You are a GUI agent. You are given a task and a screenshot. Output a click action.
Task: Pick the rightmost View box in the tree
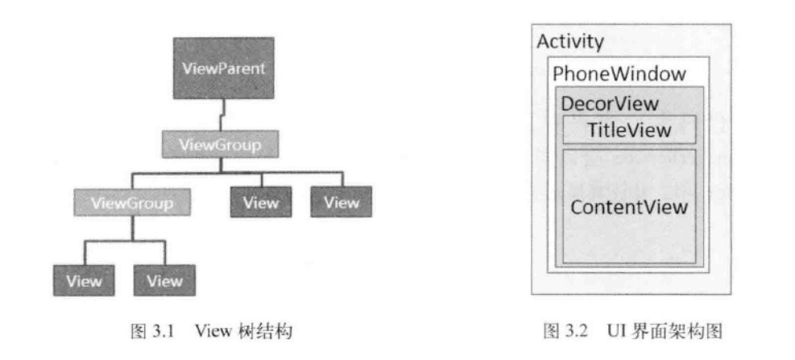pyautogui.click(x=341, y=201)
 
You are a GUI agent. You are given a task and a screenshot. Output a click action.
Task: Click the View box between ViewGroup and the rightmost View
pyautogui.click(x=260, y=201)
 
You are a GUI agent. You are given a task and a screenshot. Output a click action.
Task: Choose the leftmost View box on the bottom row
pyautogui.click(x=84, y=280)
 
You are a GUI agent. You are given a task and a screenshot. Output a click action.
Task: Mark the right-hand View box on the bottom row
pyautogui.click(x=165, y=280)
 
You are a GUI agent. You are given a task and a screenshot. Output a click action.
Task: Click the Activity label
pyautogui.click(x=571, y=41)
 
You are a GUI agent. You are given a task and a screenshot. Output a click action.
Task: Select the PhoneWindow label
pyautogui.click(x=620, y=75)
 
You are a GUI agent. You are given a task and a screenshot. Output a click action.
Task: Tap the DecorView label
pyautogui.click(x=610, y=105)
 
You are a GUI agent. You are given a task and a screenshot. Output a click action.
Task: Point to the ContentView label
pyautogui.click(x=629, y=207)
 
